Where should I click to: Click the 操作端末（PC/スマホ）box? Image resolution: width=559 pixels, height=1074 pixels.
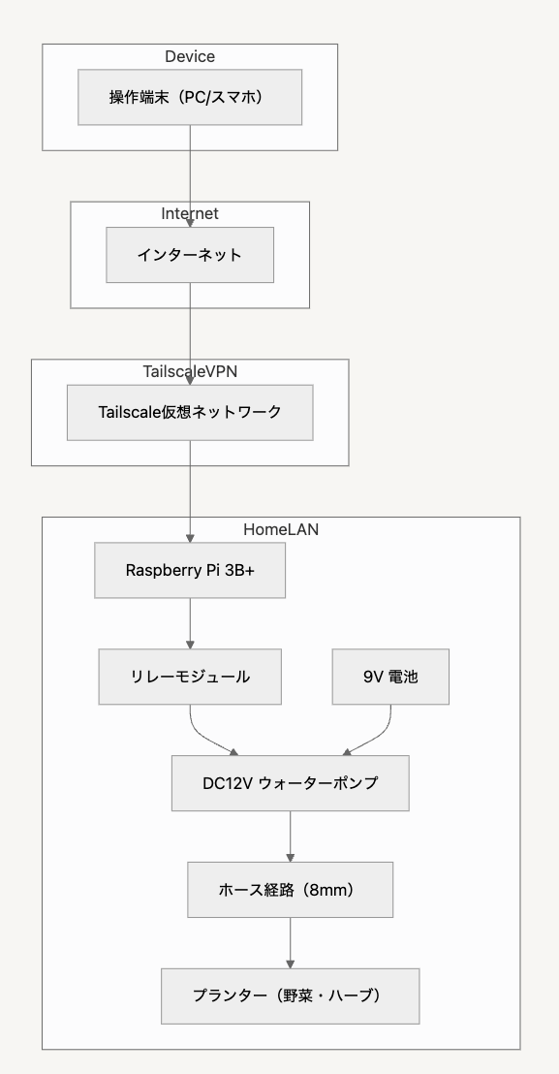coord(190,97)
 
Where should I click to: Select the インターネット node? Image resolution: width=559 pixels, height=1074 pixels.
coord(190,255)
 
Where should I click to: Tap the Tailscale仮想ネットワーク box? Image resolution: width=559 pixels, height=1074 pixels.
coord(190,412)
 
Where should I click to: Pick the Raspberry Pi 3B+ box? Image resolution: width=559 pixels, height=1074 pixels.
coord(190,571)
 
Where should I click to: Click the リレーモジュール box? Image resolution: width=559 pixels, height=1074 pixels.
coord(190,677)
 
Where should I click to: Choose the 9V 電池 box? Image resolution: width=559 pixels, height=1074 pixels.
coord(390,677)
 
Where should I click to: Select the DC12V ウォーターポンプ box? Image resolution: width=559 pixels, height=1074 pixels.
coord(290,783)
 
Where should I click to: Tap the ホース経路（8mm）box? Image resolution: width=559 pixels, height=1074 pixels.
coord(290,890)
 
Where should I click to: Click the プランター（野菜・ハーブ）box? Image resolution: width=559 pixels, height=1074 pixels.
coord(290,995)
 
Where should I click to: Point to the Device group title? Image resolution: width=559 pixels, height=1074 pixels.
coord(190,57)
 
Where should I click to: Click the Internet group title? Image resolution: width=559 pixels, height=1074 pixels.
coord(190,213)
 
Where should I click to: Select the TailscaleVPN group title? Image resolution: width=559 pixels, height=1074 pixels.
coord(190,371)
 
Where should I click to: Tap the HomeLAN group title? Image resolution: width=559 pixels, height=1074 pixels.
coord(281,529)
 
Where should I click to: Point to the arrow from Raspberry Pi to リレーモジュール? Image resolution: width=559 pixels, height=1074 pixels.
coord(190,624)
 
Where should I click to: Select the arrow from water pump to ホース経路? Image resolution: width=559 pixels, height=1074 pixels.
coord(290,837)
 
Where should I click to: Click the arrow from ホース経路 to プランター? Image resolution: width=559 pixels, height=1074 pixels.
coord(290,943)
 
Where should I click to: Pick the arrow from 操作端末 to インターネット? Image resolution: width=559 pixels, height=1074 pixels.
coord(190,176)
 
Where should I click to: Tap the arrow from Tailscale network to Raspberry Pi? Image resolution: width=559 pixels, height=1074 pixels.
coord(190,491)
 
